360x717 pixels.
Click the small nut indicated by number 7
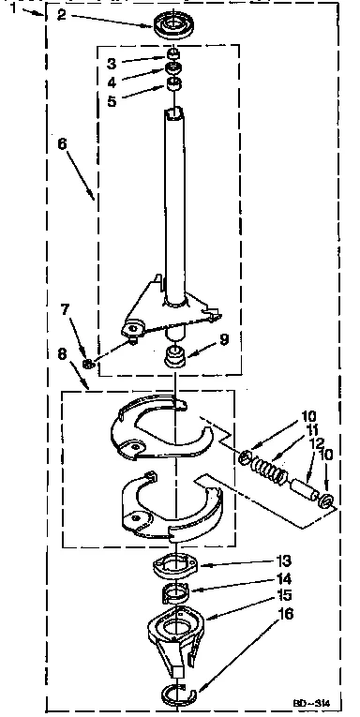88,363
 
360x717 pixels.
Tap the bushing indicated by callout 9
173,356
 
